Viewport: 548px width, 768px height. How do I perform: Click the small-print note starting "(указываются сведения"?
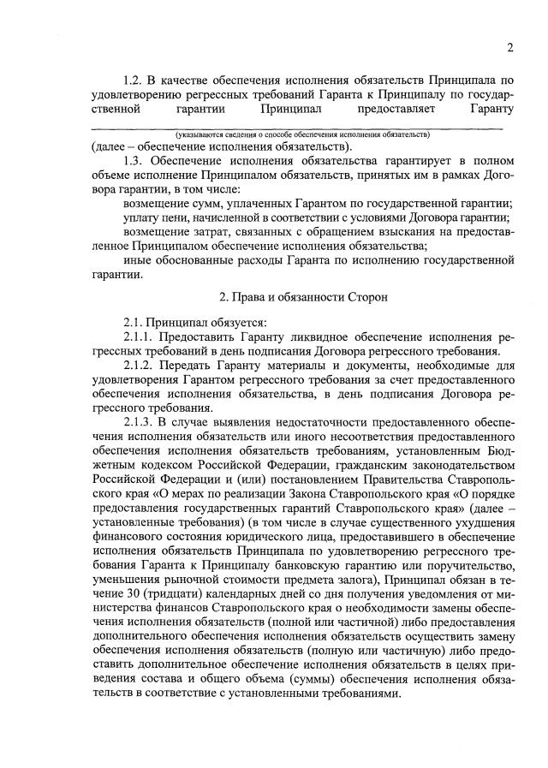coord(301,135)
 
